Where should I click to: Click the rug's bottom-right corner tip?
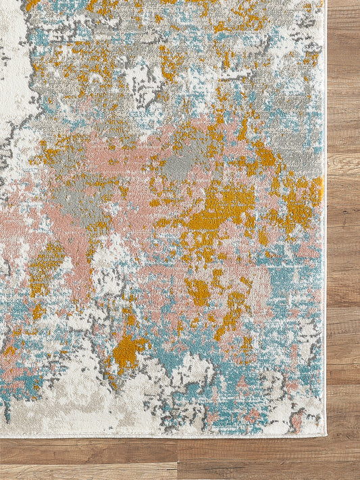click(325, 436)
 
